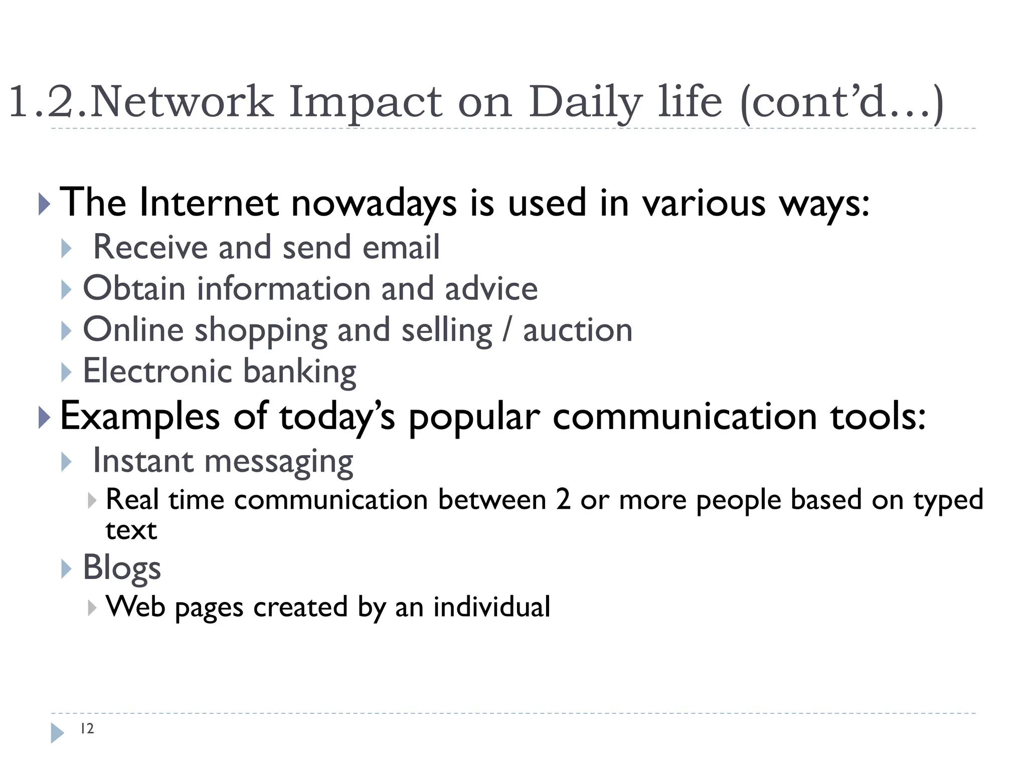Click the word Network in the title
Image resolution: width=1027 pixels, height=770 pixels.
(182, 102)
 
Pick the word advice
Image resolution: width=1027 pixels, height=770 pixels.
(491, 289)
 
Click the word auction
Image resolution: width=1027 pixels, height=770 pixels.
(577, 330)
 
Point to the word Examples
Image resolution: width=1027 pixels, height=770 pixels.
(140, 417)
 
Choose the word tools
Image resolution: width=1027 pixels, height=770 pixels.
(877, 417)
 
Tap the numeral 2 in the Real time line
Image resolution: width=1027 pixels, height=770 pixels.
(563, 500)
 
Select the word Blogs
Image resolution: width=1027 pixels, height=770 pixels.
(122, 568)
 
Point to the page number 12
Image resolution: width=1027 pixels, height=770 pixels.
(87, 728)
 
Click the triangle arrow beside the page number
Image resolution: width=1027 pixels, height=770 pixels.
(57, 732)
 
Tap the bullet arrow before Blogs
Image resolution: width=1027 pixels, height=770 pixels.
(66, 569)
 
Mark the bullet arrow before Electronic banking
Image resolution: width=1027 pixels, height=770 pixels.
(66, 372)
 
